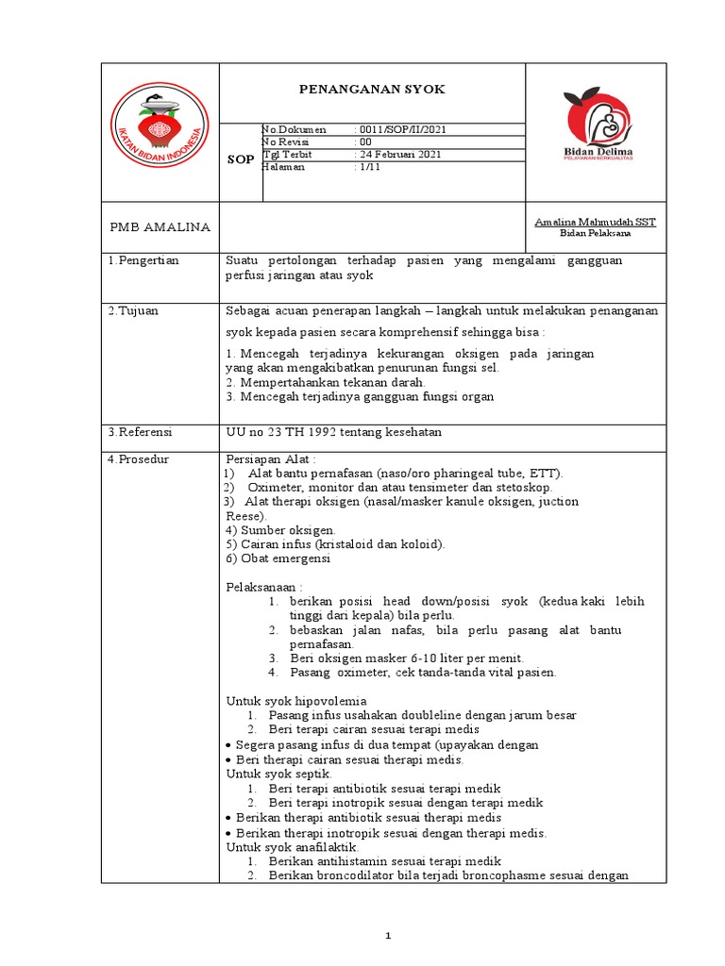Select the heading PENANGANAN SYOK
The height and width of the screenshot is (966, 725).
(371, 89)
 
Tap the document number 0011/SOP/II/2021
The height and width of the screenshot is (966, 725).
(400, 129)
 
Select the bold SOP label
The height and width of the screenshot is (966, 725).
(241, 159)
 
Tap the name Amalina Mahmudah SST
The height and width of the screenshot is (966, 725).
(595, 221)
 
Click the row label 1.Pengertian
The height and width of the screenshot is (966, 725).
(143, 260)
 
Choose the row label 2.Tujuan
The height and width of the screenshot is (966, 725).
(134, 311)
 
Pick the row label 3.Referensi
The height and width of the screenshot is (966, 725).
(141, 431)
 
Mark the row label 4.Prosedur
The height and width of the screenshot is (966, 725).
(140, 458)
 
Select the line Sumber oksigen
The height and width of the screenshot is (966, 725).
(280, 530)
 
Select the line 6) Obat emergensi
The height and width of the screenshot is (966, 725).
(278, 558)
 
